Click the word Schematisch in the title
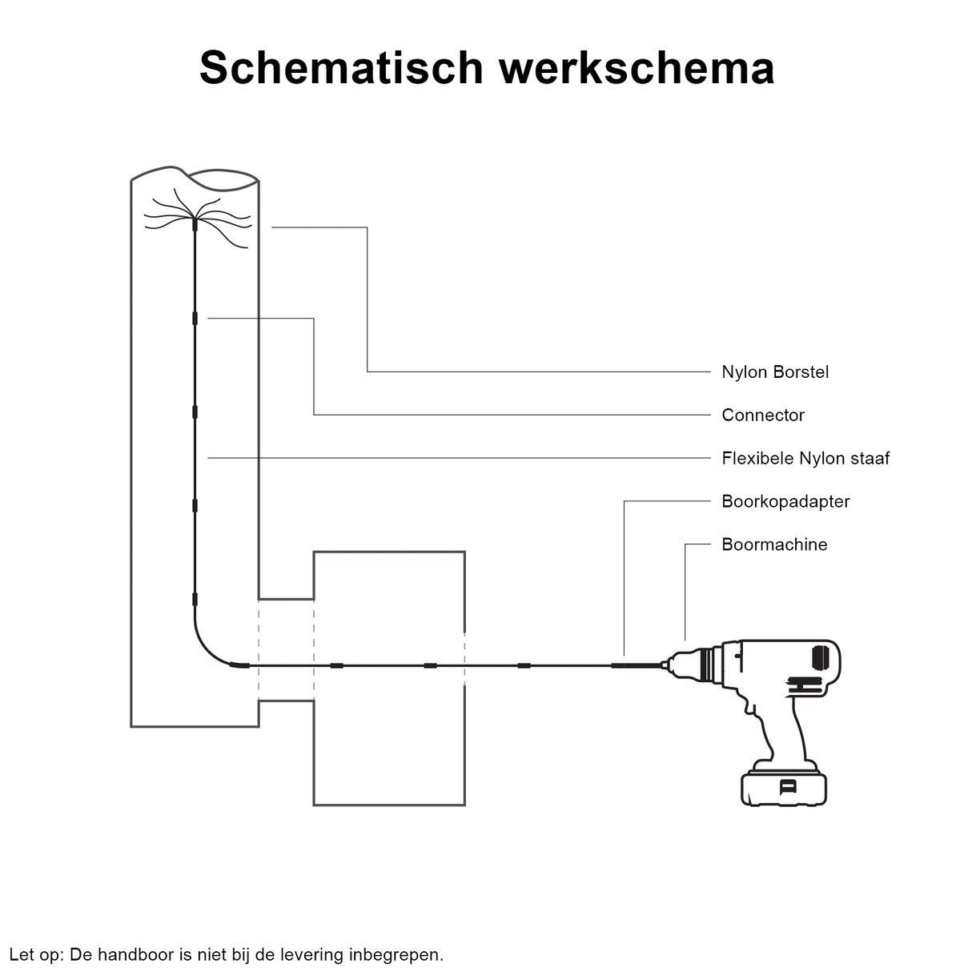(x=342, y=67)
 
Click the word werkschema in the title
(x=637, y=67)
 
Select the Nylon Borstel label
(x=774, y=372)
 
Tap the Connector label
(x=762, y=416)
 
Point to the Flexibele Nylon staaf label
(x=805, y=459)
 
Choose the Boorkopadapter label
(x=785, y=502)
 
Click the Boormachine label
(x=773, y=545)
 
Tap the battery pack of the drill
(x=784, y=788)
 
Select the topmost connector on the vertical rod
(x=195, y=318)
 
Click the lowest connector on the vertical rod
(x=195, y=600)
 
